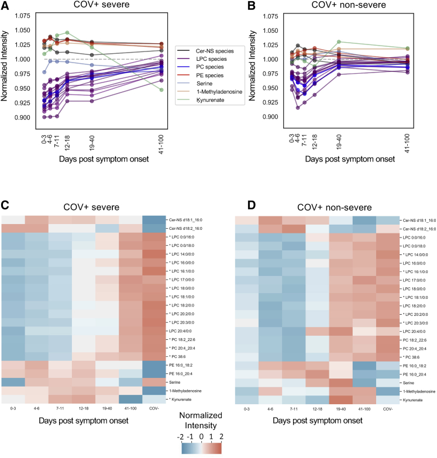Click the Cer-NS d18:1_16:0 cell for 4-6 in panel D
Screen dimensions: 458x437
pos(276,220)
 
